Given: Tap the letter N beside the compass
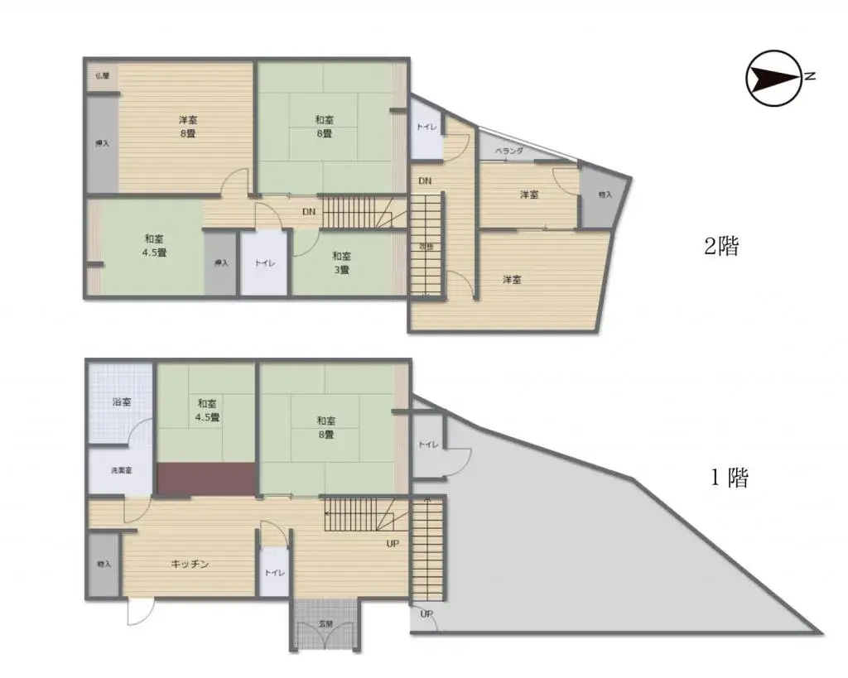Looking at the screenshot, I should (812, 77).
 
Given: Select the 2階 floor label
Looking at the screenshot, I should (720, 246).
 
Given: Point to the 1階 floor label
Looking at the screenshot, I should (729, 478).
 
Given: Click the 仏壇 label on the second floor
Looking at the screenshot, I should (102, 75).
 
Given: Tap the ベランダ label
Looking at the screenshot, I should (508, 151).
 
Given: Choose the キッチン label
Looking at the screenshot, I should (190, 564).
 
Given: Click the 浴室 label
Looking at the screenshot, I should (121, 402).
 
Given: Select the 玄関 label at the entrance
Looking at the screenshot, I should (325, 623).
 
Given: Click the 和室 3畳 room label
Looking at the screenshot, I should (341, 262).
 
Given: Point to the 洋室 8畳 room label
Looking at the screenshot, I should (188, 126).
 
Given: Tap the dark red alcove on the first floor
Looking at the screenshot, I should (205, 479).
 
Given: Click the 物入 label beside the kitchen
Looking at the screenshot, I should (104, 565).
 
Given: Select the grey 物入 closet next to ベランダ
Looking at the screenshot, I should (603, 195).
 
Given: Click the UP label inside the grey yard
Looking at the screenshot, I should (426, 614).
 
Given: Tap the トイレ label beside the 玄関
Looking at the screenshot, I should (272, 573).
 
